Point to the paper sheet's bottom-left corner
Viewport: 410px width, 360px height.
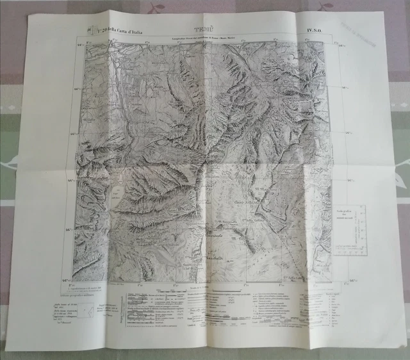tap(6, 339)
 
